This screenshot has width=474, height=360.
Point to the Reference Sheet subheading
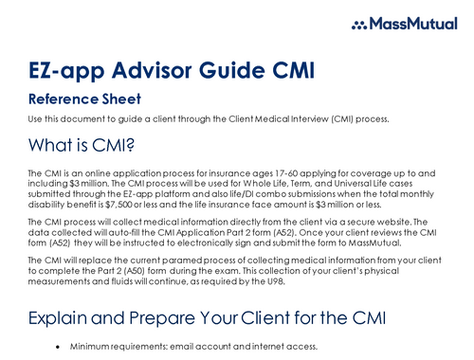pyautogui.click(x=84, y=99)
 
